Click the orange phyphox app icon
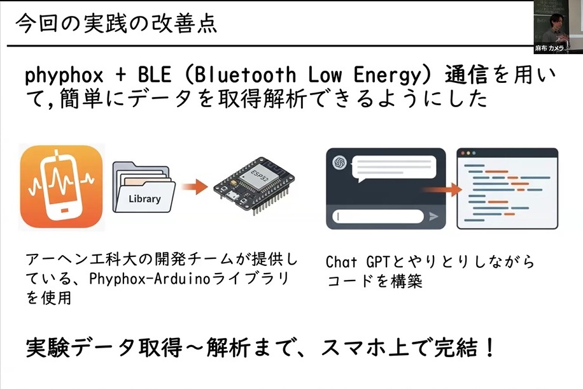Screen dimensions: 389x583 62,187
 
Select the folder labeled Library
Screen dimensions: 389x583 144,188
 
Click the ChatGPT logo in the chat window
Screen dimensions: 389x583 339,163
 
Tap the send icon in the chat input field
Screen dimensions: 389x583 434,217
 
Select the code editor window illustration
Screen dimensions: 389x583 507,189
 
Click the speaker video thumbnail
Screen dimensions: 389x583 558,22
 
